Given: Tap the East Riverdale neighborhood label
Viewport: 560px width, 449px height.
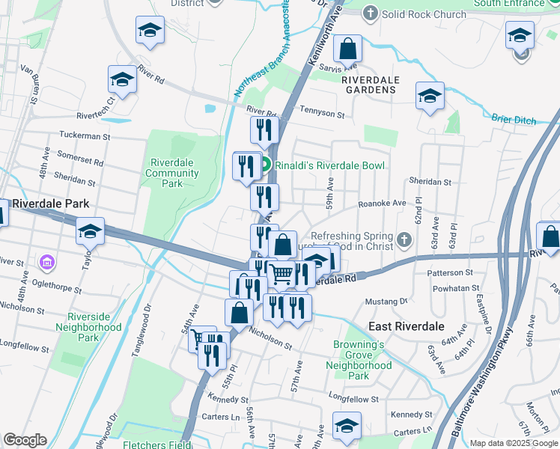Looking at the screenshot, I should click(407, 327).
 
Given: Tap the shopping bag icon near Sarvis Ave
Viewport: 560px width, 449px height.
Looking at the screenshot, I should click(347, 49).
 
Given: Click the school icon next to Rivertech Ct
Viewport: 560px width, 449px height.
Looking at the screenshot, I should click(122, 79).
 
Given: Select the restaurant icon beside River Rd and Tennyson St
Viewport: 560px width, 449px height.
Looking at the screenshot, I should click(264, 130).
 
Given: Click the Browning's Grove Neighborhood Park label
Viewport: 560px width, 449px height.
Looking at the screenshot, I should click(359, 355).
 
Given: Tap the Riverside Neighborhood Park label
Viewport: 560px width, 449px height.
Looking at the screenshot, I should click(94, 327).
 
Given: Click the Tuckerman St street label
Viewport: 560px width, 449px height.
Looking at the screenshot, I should click(85, 137).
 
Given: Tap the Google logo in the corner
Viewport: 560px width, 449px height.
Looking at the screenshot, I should click(25, 440).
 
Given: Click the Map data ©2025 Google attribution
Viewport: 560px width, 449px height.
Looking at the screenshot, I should click(513, 443).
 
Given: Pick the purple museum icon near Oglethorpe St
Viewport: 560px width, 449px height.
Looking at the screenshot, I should click(47, 262).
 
